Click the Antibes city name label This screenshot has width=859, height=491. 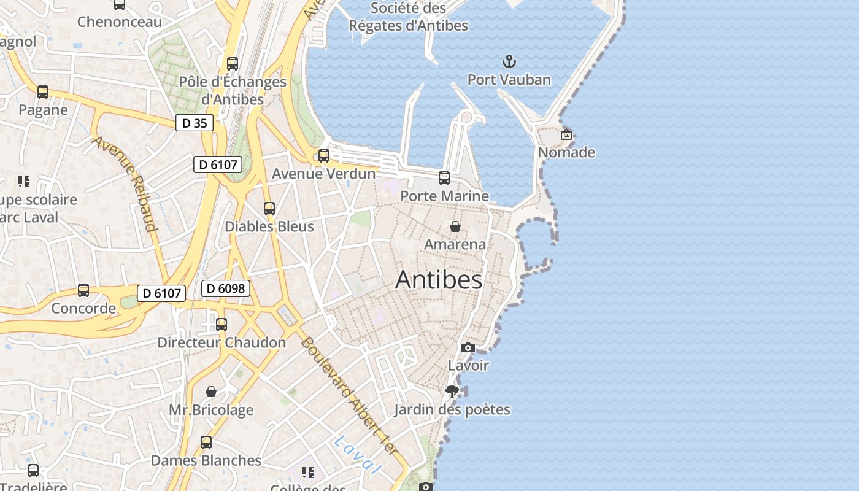[439, 280]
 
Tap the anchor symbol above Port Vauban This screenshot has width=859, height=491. [509, 61]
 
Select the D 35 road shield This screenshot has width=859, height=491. [195, 123]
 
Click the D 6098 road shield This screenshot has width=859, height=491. [226, 288]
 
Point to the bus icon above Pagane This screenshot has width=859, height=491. [43, 92]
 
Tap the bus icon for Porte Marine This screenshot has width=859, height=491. [444, 178]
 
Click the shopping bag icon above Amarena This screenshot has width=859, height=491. [455, 226]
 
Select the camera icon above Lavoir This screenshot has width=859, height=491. [468, 348]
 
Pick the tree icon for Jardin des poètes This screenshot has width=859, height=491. [453, 392]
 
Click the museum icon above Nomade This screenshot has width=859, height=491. [566, 134]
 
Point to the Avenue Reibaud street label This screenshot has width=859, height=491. [125, 184]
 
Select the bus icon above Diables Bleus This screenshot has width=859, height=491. [269, 209]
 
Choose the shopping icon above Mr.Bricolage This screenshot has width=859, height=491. [211, 392]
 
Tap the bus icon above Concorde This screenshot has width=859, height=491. [83, 290]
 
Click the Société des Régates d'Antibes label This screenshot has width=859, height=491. [408, 17]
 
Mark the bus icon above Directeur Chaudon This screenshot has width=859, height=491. [221, 325]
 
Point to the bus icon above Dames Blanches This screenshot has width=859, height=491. [206, 443]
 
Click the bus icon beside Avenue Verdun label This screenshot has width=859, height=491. [324, 156]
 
